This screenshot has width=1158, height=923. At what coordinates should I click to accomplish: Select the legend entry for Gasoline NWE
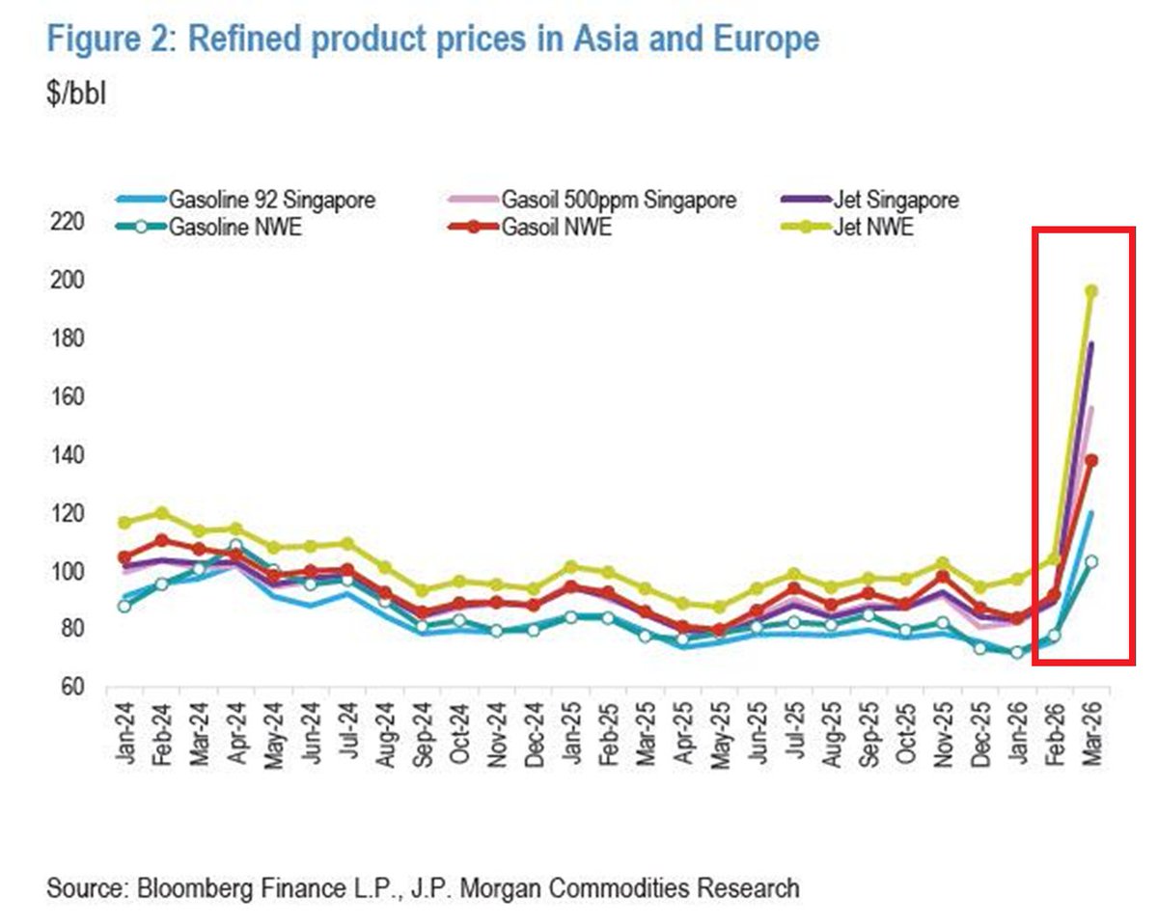coord(236,229)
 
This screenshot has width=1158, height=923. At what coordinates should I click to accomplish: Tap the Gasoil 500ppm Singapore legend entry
coord(619,201)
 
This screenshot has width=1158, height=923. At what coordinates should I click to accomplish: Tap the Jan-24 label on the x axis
coord(124,738)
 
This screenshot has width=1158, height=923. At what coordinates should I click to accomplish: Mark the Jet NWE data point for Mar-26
coord(1091,290)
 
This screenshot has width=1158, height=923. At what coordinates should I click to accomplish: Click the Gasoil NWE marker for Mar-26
coord(1091,460)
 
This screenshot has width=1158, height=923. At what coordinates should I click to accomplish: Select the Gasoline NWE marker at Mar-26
coord(1091,561)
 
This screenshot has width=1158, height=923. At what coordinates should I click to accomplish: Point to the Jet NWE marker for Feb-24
coord(161,513)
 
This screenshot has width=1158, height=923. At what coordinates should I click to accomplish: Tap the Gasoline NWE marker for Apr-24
coord(235,547)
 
